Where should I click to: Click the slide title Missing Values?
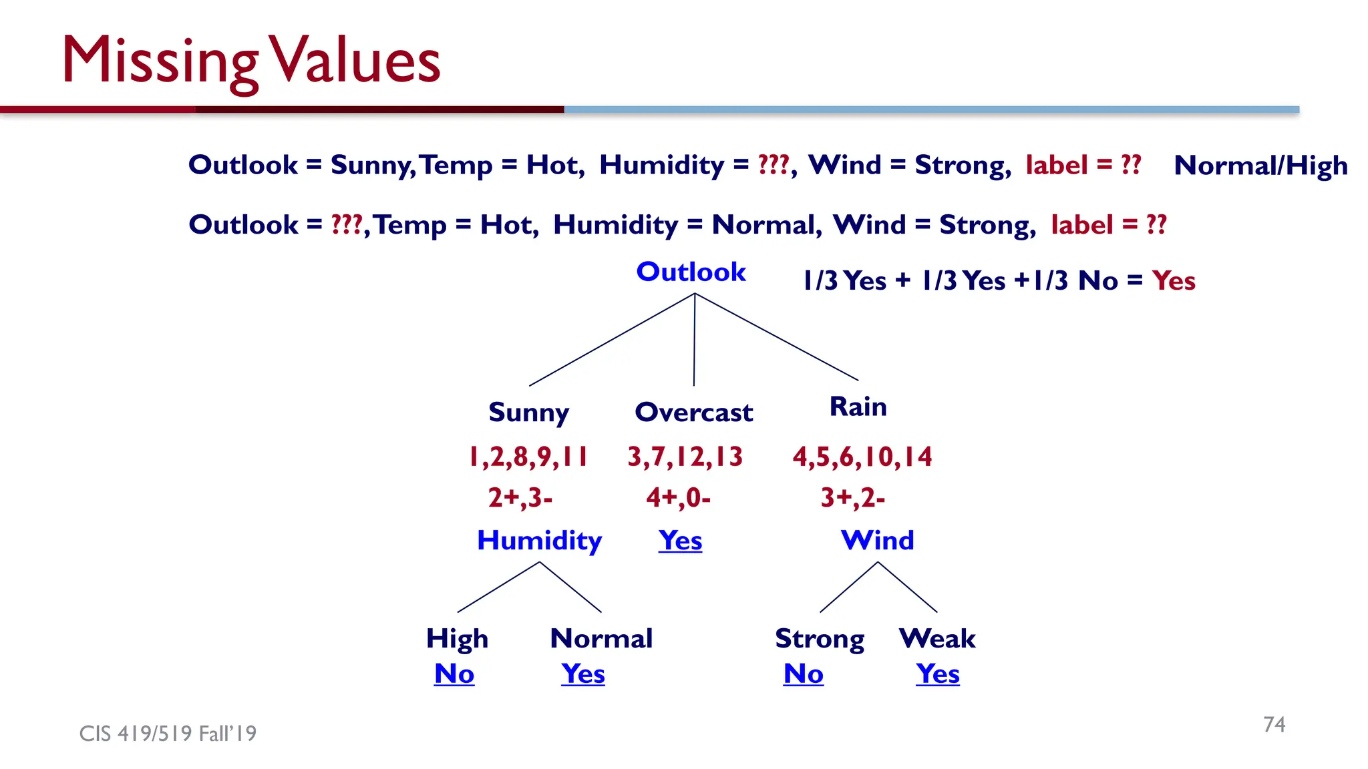tap(251, 61)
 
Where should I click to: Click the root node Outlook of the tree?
tap(691, 272)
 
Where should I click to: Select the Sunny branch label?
tap(528, 413)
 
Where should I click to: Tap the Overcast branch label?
tap(693, 413)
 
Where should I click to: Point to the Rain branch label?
tap(858, 407)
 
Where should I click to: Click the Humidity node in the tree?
tap(539, 540)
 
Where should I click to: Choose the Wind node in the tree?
tap(877, 540)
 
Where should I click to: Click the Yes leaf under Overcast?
tap(680, 540)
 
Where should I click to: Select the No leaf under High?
tap(454, 674)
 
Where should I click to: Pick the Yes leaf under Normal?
tap(583, 674)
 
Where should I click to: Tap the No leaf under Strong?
tap(803, 674)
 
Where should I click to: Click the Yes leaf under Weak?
tap(937, 674)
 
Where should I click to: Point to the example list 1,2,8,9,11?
tap(528, 457)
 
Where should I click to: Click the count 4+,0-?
tap(678, 498)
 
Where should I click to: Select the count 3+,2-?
tap(852, 498)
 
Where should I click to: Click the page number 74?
tap(1274, 724)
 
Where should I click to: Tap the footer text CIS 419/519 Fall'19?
tap(168, 734)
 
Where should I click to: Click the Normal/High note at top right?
tap(1260, 166)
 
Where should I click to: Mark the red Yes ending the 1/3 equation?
tap(1174, 281)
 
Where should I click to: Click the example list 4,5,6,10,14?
tap(862, 457)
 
